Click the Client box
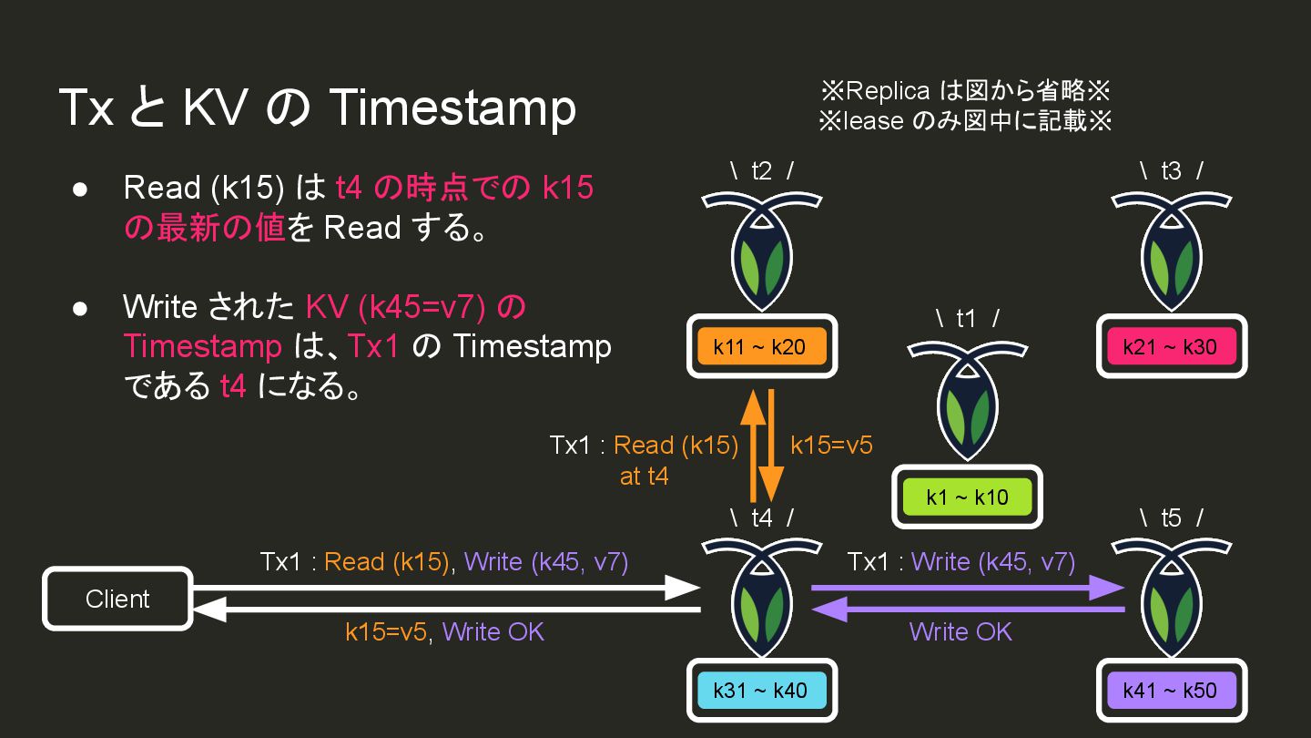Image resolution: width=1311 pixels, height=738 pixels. [x=117, y=599]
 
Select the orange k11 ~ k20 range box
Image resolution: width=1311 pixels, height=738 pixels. [x=761, y=346]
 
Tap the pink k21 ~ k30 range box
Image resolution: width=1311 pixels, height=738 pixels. [x=1170, y=346]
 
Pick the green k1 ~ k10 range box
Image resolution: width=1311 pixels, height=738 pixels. [x=967, y=497]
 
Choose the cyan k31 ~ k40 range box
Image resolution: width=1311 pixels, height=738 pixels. [x=761, y=690]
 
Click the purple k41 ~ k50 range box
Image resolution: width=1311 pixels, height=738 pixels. [x=1170, y=690]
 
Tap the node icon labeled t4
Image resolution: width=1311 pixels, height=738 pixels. [x=762, y=597]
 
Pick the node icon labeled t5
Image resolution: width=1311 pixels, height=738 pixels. [x=1171, y=597]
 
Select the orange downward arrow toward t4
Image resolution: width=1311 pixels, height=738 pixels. [x=772, y=446]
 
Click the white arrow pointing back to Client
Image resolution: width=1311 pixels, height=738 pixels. [x=446, y=610]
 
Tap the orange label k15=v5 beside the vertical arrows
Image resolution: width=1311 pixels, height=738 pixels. [x=831, y=446]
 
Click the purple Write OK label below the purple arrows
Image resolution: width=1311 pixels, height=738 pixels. [x=960, y=631]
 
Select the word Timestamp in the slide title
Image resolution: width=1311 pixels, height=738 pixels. [x=452, y=108]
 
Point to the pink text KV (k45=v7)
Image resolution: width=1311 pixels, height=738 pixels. [x=394, y=307]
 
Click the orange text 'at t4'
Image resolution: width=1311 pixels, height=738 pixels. [x=644, y=476]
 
